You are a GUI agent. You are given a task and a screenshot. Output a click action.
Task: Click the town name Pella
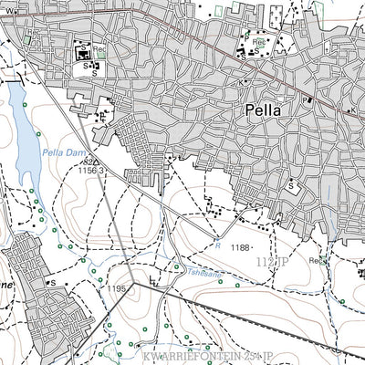coord(263,110)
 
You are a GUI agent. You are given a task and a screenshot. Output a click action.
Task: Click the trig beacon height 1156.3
coord(89,170)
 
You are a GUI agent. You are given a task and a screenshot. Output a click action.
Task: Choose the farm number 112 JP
coord(272,262)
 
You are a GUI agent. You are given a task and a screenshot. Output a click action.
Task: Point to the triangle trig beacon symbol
coord(97,162)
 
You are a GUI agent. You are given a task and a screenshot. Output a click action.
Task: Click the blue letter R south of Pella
coord(218,244)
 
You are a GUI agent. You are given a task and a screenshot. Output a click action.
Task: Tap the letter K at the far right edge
coord(350,110)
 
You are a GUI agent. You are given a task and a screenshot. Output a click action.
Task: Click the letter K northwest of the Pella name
coord(241,82)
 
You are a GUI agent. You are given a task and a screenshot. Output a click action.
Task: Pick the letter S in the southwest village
coord(53,283)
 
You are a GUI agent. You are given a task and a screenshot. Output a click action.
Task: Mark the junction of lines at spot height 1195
coord(133,284)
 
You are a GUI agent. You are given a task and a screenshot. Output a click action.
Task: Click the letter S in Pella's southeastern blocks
coord(290,185)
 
